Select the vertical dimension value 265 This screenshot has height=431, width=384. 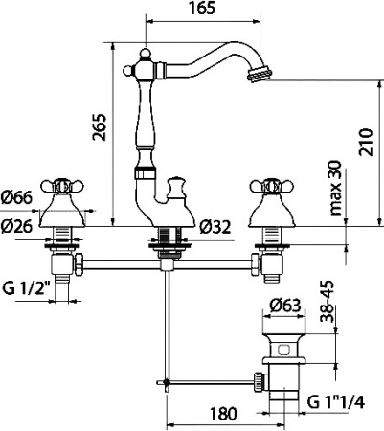click(x=98, y=135)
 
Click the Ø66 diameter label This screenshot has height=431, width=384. click(x=18, y=197)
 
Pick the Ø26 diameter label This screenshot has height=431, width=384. click(x=18, y=227)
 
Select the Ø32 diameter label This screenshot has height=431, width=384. click(x=218, y=227)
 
